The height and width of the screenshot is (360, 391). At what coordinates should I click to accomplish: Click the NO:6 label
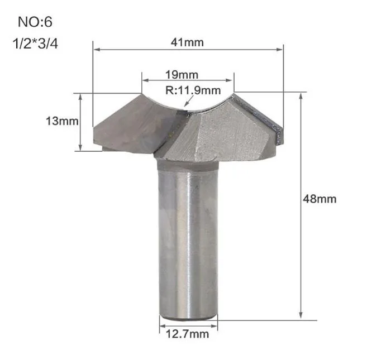(x=35, y=22)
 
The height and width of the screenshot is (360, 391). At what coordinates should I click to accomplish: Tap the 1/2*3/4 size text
(x=35, y=44)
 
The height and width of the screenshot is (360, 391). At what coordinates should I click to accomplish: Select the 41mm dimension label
(x=187, y=42)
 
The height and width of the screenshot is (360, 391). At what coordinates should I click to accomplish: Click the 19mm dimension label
(x=182, y=75)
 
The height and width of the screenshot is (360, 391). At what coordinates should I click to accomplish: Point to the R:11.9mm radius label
(x=193, y=90)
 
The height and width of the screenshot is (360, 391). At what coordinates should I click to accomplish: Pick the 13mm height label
(x=62, y=121)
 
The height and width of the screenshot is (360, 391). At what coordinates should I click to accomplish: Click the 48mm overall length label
(x=320, y=199)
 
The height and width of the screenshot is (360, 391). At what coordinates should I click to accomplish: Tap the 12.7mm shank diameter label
(x=187, y=334)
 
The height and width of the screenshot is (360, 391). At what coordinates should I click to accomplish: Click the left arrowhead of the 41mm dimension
(x=97, y=49)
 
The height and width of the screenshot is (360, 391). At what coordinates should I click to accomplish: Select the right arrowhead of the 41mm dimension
(x=279, y=49)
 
